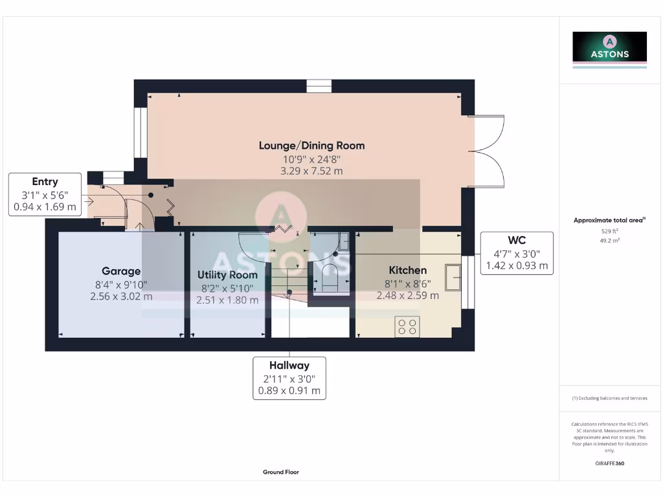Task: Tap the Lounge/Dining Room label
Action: coord(311,146)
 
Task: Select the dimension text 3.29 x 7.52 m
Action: coord(311,171)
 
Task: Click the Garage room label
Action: coord(121,271)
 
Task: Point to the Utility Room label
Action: coord(227,275)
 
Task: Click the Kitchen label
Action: coord(407,270)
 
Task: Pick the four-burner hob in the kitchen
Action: coord(407,326)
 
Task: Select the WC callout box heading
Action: coord(517,241)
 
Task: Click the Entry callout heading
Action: coord(45,182)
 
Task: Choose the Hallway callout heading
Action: coord(289,366)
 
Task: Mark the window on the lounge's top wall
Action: coord(319,86)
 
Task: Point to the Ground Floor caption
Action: coord(281,472)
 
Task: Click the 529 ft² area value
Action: coord(609,230)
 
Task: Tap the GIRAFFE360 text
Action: coord(609,463)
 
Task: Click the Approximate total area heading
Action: coord(609,221)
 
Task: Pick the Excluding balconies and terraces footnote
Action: coord(609,398)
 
